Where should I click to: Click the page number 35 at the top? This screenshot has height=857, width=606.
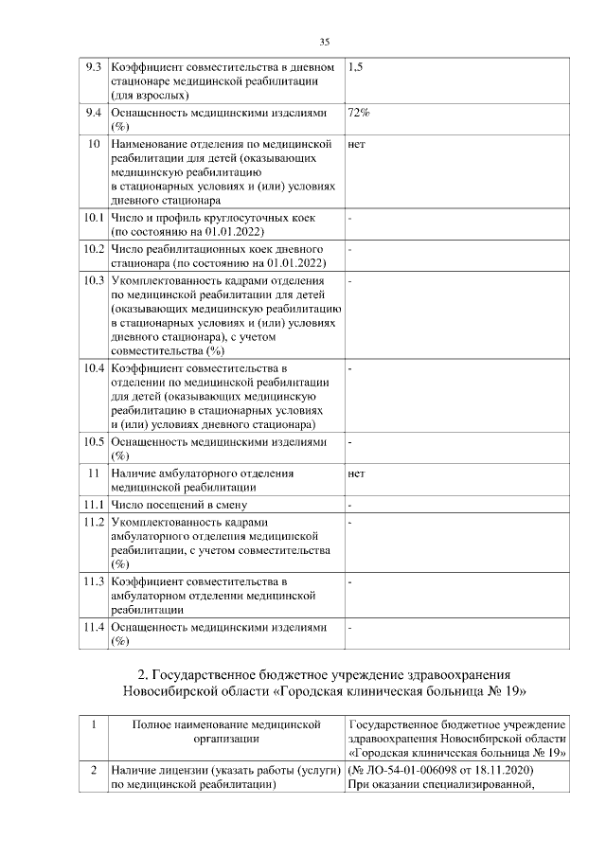[324, 42]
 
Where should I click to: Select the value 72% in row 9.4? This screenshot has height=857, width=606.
[359, 113]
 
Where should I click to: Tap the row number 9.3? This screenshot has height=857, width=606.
[93, 68]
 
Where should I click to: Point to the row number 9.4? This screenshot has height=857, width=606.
[93, 113]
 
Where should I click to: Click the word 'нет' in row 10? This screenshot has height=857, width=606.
[357, 145]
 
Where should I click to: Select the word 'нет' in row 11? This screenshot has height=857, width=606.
[357, 473]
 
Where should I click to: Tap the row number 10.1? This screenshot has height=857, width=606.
[93, 219]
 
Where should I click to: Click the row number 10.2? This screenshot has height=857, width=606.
[93, 249]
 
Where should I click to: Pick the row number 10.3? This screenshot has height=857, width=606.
[93, 280]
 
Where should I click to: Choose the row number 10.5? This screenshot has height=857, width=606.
[93, 441]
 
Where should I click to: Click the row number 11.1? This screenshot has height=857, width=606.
[93, 504]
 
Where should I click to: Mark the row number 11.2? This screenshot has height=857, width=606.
[93, 522]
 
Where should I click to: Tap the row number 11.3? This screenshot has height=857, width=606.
[93, 580]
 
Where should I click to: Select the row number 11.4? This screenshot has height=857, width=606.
[93, 627]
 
